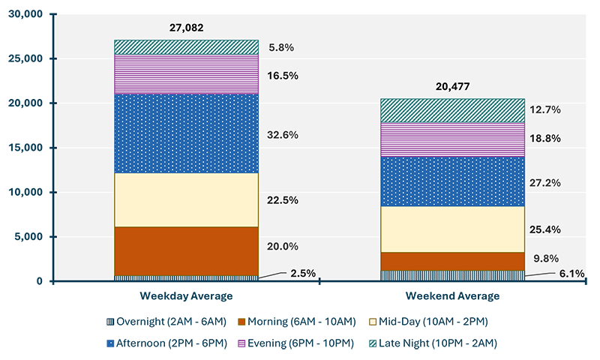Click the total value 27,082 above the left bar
tap(187, 28)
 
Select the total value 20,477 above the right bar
tap(452, 85)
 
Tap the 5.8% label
tap(280, 47)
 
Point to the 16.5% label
tap(283, 76)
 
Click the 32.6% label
tap(283, 135)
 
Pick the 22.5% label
tap(283, 200)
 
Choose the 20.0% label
tap(283, 246)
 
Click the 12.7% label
tap(545, 109)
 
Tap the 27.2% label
tap(545, 182)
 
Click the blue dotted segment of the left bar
tap(186, 133)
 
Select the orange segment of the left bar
tap(186, 251)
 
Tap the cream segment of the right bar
tap(452, 229)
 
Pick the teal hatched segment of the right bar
tap(452, 110)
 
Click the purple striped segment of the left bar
tap(186, 73)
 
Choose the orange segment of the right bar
tap(452, 261)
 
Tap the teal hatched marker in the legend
tap(373, 343)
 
